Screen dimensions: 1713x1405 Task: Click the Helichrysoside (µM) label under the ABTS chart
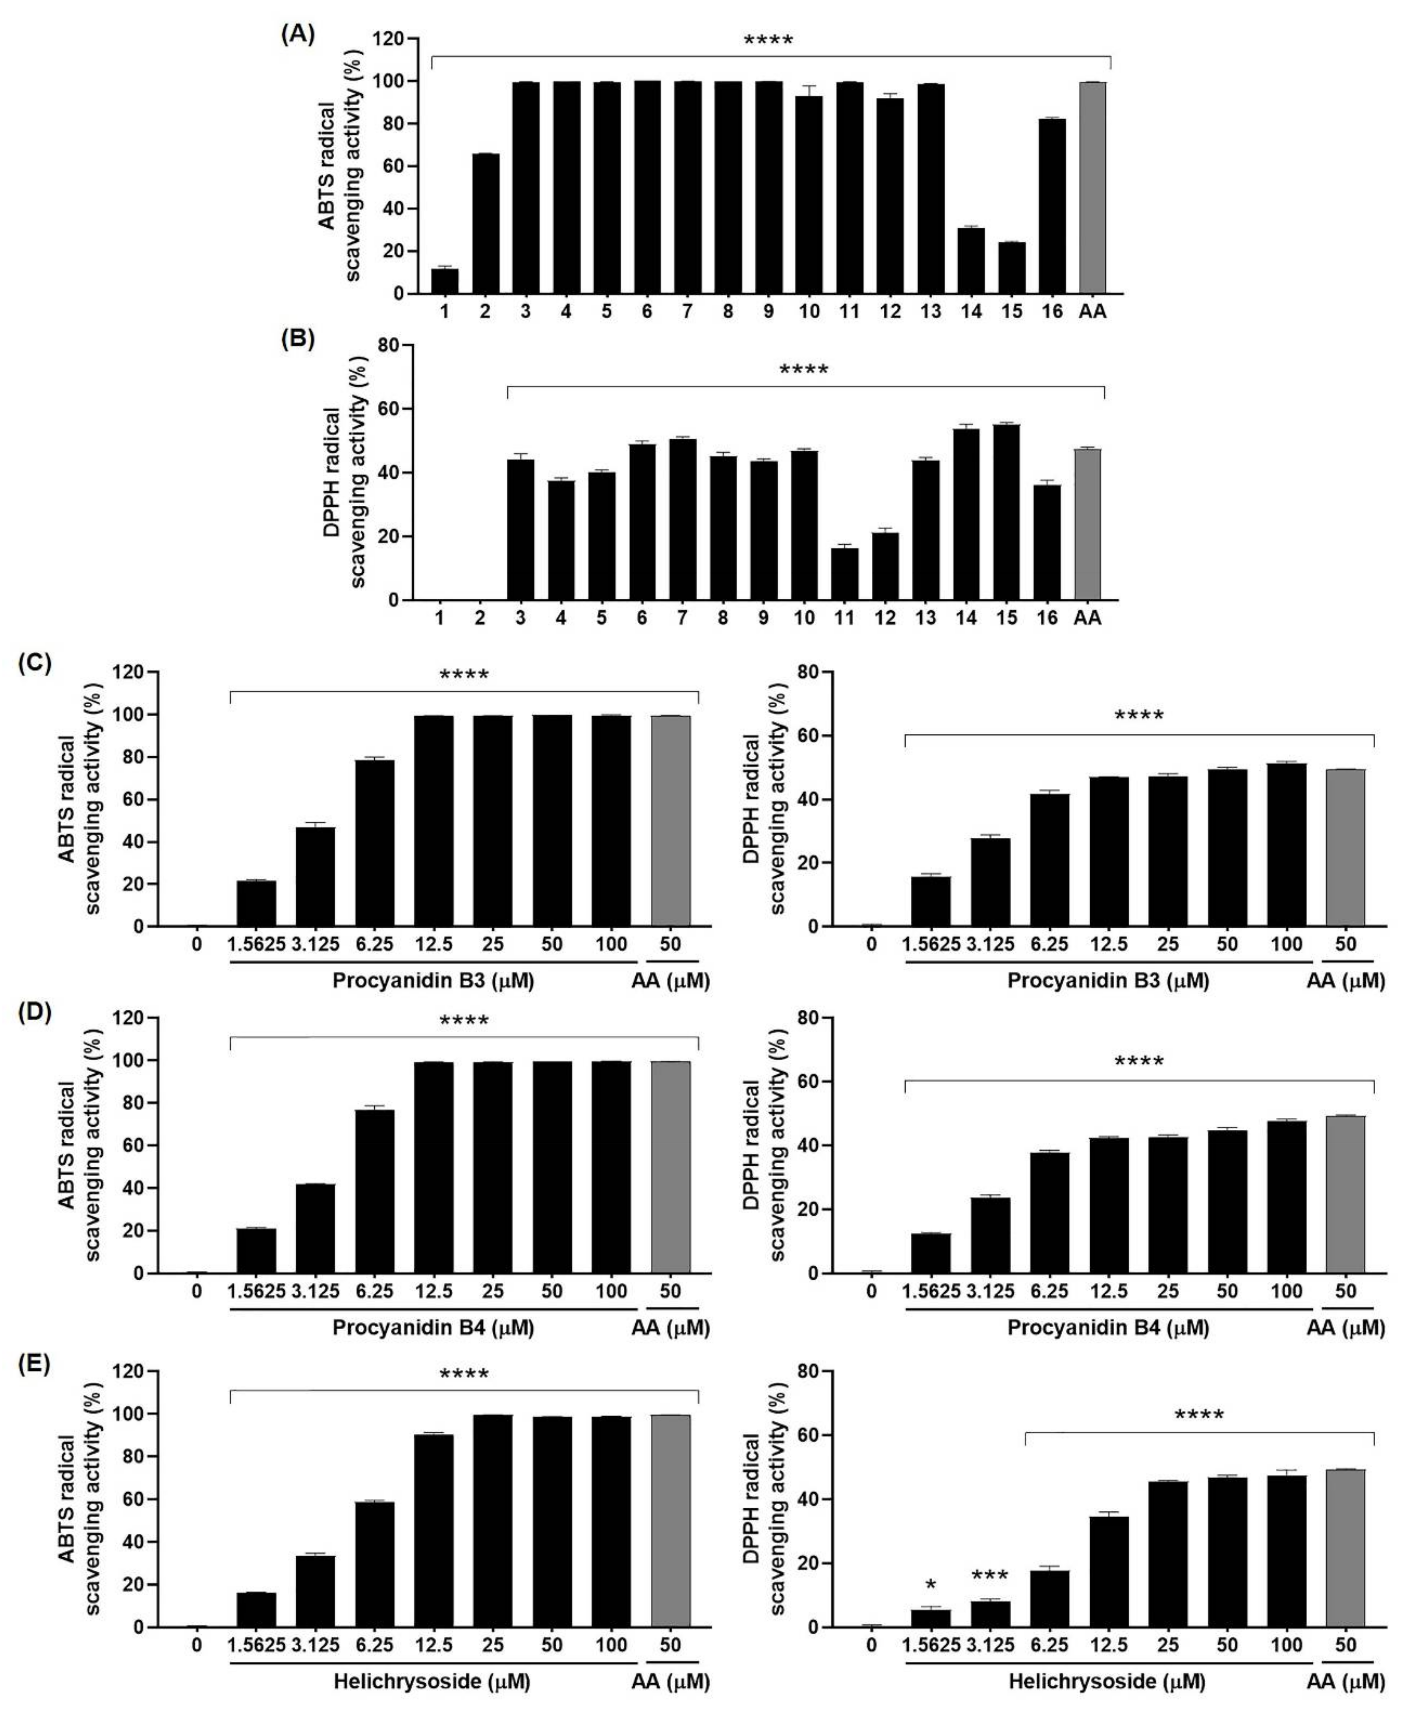tap(432, 1681)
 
